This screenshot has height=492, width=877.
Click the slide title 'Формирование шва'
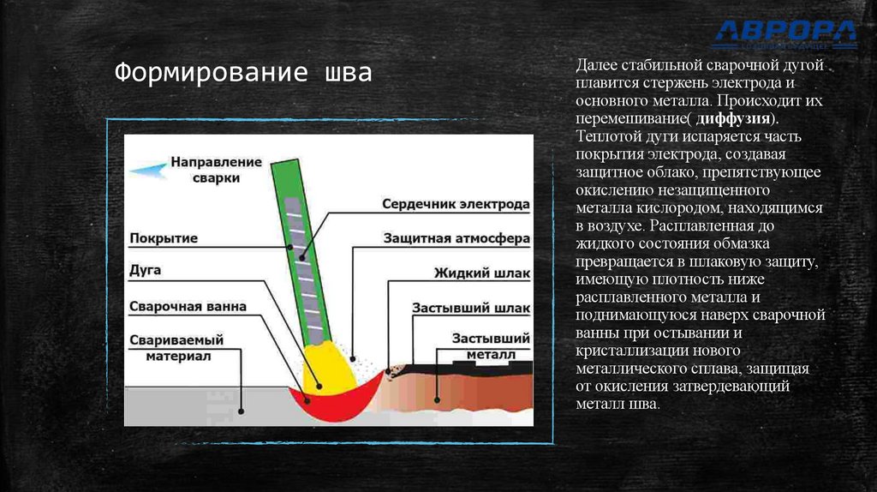point(244,73)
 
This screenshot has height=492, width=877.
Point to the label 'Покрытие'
point(164,237)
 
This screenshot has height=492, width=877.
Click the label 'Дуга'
point(145,270)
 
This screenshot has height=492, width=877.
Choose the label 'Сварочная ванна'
point(188,305)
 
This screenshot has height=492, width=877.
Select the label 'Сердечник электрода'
point(456,205)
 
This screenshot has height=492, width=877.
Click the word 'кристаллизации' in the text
point(624,351)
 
